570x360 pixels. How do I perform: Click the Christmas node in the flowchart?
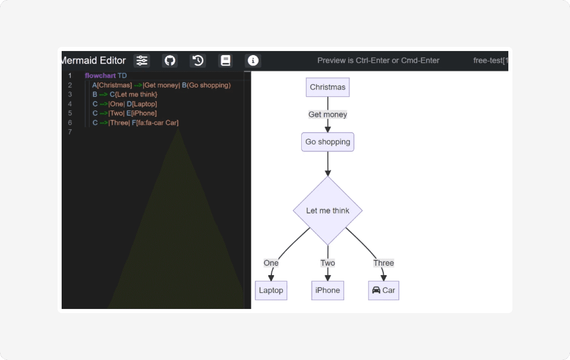pyautogui.click(x=327, y=87)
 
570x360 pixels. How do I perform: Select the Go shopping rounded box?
pyautogui.click(x=327, y=142)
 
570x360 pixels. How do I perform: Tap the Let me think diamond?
pyautogui.click(x=327, y=210)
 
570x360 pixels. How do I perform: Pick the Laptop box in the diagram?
pyautogui.click(x=271, y=290)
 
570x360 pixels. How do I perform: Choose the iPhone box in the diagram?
pyautogui.click(x=327, y=290)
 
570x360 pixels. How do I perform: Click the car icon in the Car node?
pyautogui.click(x=376, y=290)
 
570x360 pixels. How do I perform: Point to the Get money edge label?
pyautogui.click(x=327, y=114)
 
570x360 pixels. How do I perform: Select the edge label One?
pyautogui.click(x=271, y=263)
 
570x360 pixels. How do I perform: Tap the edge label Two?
pyautogui.click(x=327, y=263)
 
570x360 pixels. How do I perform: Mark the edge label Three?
pyautogui.click(x=383, y=263)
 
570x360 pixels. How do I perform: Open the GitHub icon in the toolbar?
pyautogui.click(x=170, y=60)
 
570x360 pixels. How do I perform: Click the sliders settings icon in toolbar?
pyautogui.click(x=142, y=60)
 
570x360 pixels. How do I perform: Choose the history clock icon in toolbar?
pyautogui.click(x=198, y=60)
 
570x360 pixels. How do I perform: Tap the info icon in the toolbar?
pyautogui.click(x=253, y=60)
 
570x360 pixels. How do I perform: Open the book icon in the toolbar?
pyautogui.click(x=225, y=60)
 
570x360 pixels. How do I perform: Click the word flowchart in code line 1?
pyautogui.click(x=100, y=76)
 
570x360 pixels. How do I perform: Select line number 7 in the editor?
pyautogui.click(x=70, y=132)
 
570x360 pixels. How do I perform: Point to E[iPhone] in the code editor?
pyautogui.click(x=142, y=113)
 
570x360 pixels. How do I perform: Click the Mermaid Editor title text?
pyautogui.click(x=94, y=60)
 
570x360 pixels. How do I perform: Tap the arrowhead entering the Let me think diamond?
pyautogui.click(x=328, y=173)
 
